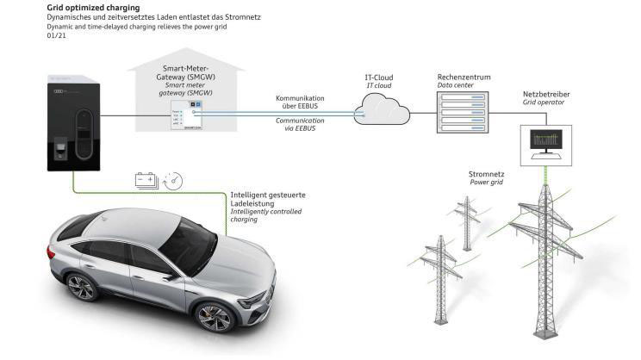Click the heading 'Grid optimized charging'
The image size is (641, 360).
(x=83, y=8)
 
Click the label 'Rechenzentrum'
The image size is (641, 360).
(x=464, y=77)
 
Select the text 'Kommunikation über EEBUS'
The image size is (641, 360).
(x=300, y=103)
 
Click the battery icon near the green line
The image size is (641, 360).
(x=146, y=180)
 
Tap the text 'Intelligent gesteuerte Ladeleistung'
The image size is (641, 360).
(x=267, y=200)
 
